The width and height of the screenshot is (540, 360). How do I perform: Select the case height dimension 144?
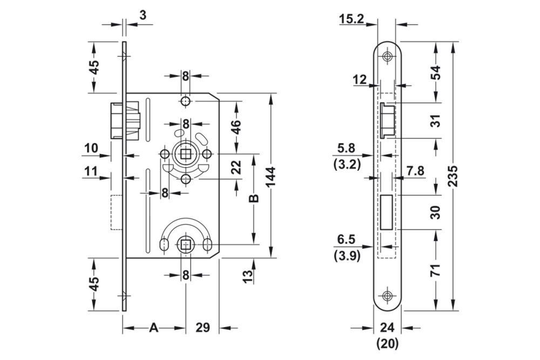271,176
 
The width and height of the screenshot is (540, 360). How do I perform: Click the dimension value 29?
202,328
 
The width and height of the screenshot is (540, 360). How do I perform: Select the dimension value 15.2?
351,20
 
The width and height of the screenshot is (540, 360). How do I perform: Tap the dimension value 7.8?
415,171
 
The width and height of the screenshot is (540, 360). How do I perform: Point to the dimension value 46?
237,127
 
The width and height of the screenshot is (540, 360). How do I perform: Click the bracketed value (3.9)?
347,256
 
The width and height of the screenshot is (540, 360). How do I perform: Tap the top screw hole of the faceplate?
387,57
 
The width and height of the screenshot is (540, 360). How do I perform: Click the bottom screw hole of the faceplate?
387,296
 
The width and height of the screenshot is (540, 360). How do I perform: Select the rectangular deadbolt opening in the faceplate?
387,212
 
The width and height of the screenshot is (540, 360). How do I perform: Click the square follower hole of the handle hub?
185,155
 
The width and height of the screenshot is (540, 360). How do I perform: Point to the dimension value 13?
247,277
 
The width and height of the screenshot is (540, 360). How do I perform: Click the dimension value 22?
236,167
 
